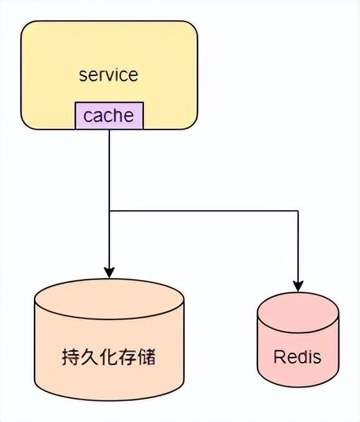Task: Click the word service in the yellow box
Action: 108,74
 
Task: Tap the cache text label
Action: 109,115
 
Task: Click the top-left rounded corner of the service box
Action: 26,26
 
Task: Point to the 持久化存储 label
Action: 109,356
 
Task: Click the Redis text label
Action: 297,357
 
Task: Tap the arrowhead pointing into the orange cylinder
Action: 109,271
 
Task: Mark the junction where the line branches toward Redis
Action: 109,211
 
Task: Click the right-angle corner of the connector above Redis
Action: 298,211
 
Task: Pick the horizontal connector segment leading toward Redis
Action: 204,211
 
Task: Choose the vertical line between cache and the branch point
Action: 109,170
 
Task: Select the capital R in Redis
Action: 278,357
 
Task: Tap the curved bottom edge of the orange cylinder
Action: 109,400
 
